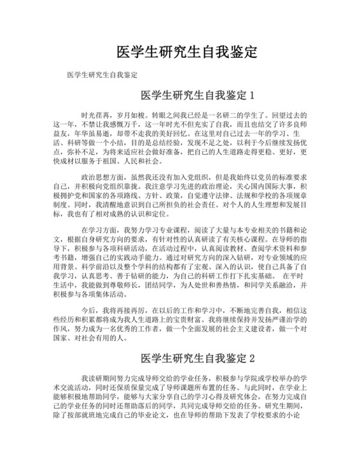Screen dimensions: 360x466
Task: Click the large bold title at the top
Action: (186, 51)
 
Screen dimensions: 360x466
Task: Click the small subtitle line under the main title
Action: (103, 75)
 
